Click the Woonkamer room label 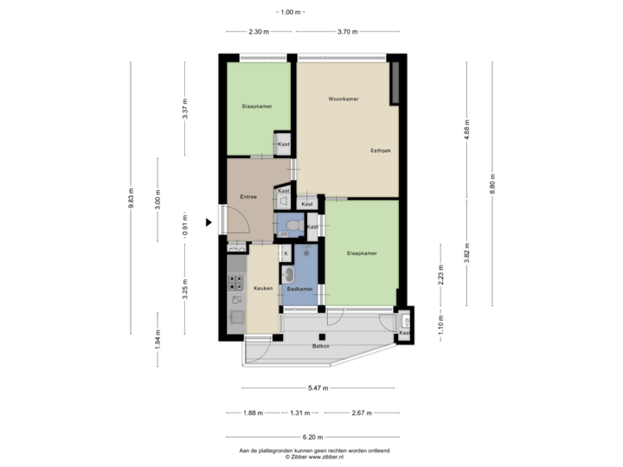[x=344, y=99]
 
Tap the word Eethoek [x=381, y=150]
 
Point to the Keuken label [x=263, y=288]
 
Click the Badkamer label [x=299, y=288]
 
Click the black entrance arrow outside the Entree [x=208, y=222]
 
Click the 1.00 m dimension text [x=290, y=12]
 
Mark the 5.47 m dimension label [x=319, y=388]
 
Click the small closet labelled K [x=286, y=253]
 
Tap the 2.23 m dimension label [x=440, y=275]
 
